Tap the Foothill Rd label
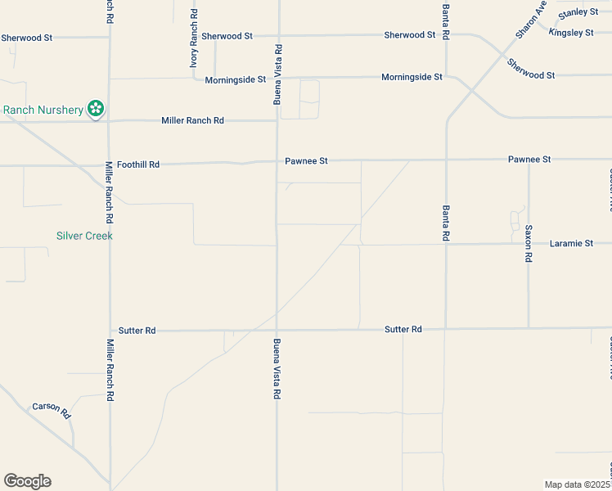tap(137, 164)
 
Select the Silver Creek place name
tap(84, 236)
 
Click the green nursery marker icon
tap(96, 109)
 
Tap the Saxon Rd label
tap(529, 243)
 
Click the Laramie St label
tap(571, 243)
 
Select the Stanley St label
tap(578, 13)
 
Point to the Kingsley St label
tap(570, 33)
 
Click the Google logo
tap(27, 481)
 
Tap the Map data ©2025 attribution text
tap(578, 484)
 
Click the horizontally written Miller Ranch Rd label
tap(192, 120)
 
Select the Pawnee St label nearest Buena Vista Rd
tap(306, 161)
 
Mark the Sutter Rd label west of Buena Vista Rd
tap(137, 331)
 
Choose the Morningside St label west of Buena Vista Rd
tap(236, 79)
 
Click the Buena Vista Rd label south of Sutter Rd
tap(277, 369)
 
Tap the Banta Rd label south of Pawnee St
tap(446, 223)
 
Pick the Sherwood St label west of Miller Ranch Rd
tap(26, 38)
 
